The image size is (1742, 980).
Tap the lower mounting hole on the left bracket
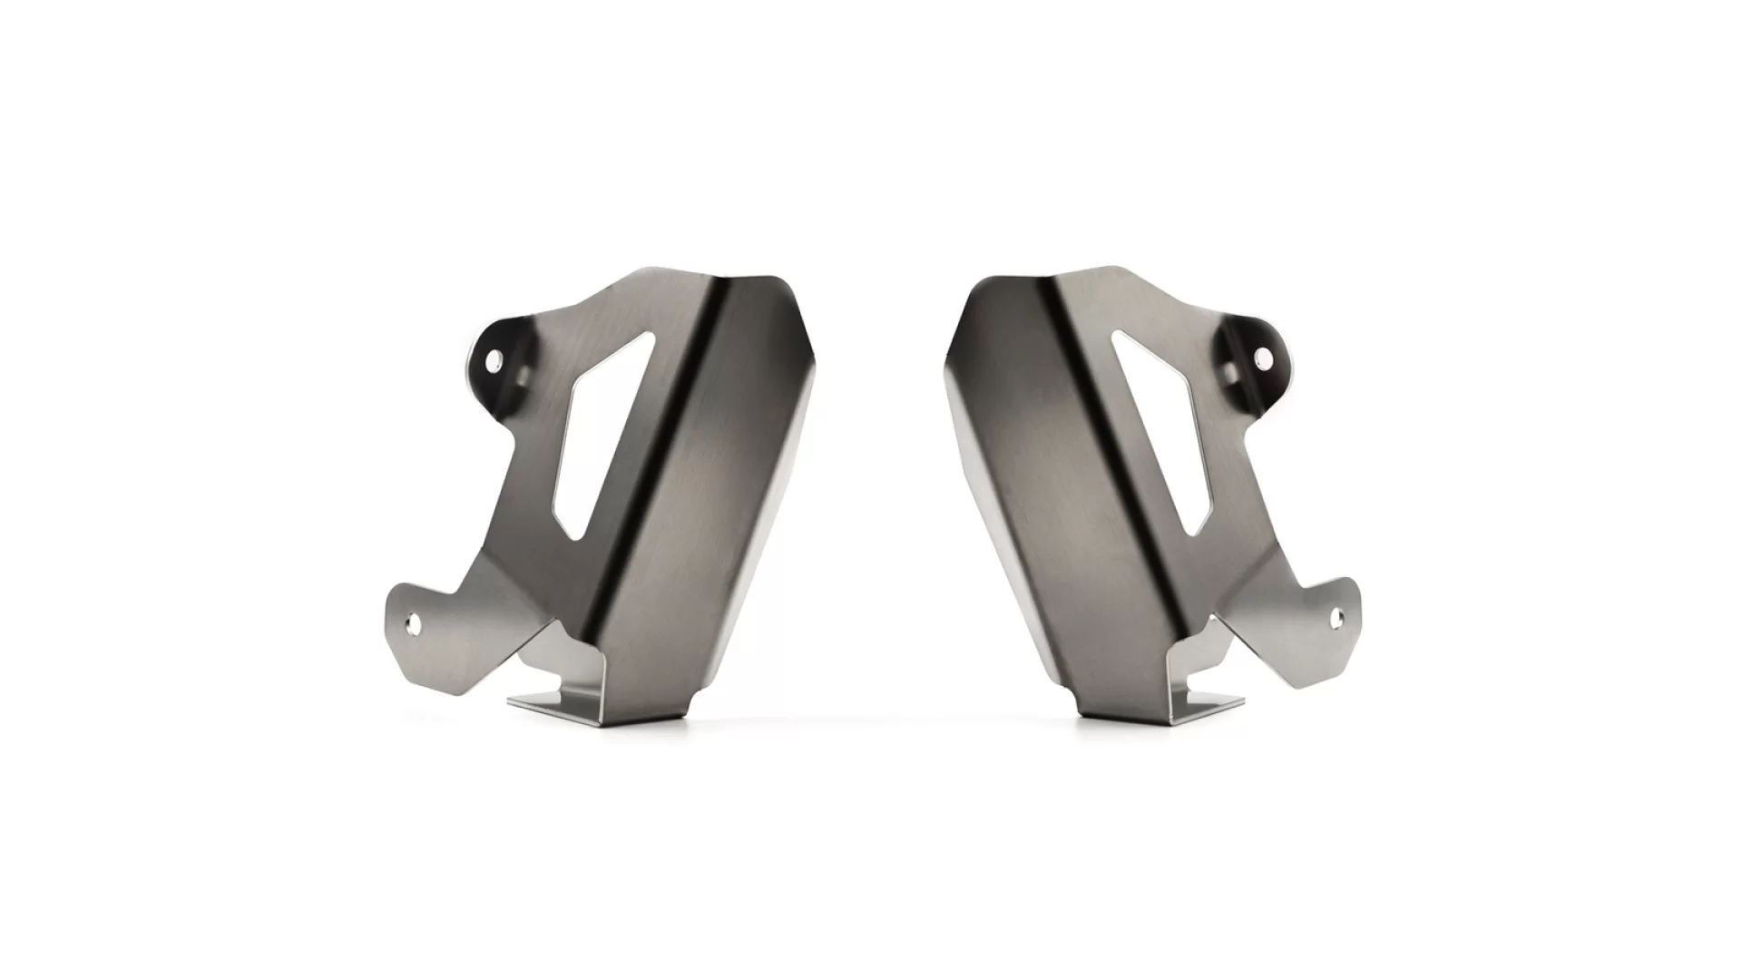[x=414, y=623]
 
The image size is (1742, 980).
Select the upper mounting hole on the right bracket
[x=1259, y=362]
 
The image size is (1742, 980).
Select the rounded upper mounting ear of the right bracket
[x=1250, y=349]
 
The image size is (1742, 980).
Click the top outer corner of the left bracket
[x=780, y=281]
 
